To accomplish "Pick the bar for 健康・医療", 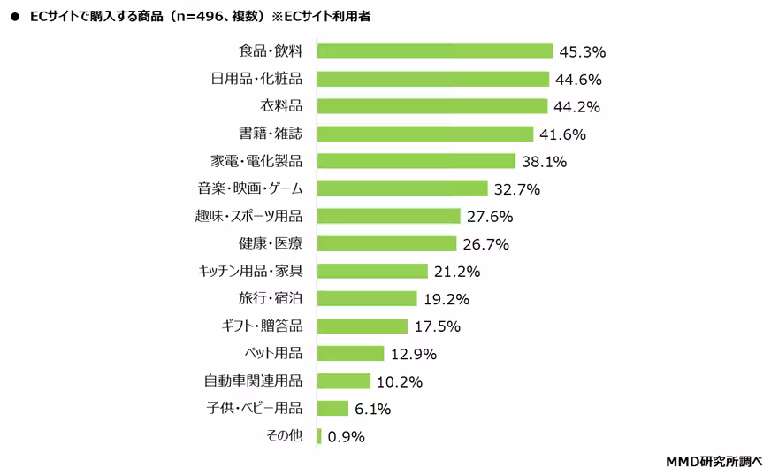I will (386, 243).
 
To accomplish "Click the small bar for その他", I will (319, 436).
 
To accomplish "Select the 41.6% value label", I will (562, 134).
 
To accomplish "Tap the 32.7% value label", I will (517, 189).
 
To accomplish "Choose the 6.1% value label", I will (373, 409).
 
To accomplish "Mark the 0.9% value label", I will (346, 436).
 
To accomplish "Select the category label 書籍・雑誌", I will (271, 134).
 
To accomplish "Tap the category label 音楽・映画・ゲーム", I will (250, 189).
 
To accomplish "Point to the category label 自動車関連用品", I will (253, 381).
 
